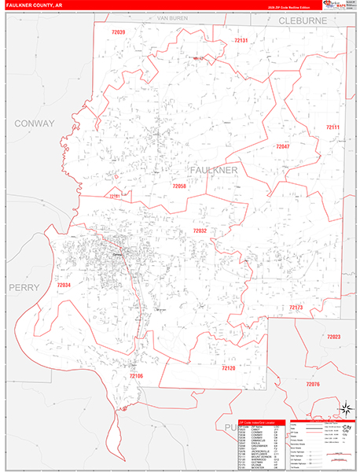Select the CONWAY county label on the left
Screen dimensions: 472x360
[x=34, y=124]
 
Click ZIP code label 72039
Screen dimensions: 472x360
[x=119, y=32]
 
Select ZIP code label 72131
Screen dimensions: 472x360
[x=241, y=39]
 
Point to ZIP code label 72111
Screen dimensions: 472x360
[x=333, y=127]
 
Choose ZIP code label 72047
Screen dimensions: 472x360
[x=282, y=147]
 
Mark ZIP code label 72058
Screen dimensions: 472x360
[x=179, y=186]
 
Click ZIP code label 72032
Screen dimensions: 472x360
[x=200, y=230]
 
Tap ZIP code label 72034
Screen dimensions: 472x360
[x=64, y=285]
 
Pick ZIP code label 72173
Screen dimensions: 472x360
[x=296, y=307]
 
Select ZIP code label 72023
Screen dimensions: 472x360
[x=334, y=337]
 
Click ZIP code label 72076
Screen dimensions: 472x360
[x=313, y=383]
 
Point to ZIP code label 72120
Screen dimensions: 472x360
[x=229, y=368]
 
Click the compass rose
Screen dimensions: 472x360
[x=343, y=408]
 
